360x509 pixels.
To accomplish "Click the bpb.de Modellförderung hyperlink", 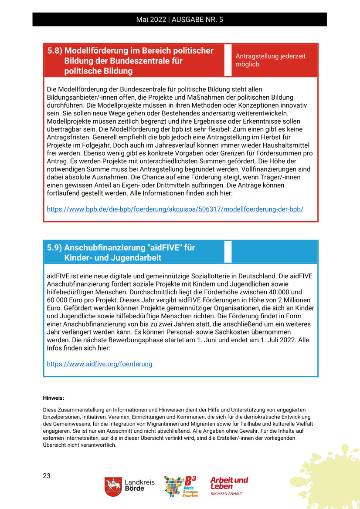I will pos(175,209).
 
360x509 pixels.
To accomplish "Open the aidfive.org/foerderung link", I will pos(99,364).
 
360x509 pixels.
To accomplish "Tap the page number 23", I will pos(47,476).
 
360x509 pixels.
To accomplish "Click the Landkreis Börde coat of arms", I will pos(113,486).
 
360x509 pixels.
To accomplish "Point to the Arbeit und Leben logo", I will pos(229,485).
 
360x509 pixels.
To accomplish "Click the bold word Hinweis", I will pos(53,398).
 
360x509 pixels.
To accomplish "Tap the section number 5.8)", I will pos(54,51).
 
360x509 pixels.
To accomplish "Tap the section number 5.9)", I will pos(54,248).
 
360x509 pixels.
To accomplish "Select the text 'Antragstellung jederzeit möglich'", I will pos(270,60).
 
